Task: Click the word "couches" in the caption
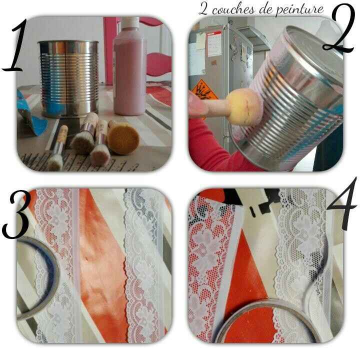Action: click(x=243, y=9)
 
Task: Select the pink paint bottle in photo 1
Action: click(x=129, y=70)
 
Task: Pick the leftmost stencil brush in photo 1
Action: click(x=58, y=147)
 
